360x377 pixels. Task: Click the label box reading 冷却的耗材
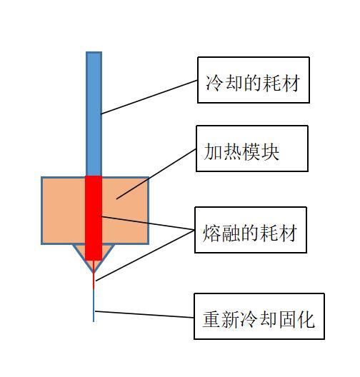click(254, 80)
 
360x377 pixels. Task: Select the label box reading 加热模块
click(252, 149)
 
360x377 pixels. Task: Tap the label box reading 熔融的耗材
click(251, 230)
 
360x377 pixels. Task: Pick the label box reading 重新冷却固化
click(259, 316)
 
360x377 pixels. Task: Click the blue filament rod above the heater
click(94, 114)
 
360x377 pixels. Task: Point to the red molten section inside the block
click(94, 218)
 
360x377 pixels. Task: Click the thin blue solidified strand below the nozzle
click(94, 306)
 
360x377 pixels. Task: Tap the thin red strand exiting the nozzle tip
click(94, 275)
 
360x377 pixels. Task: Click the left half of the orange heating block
click(64, 211)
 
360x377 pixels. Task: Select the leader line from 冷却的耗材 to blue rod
click(149, 97)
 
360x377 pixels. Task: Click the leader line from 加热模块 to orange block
click(156, 174)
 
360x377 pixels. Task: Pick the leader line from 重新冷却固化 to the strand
click(144, 314)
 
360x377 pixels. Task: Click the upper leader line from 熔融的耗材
click(148, 223)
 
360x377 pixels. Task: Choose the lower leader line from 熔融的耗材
click(145, 256)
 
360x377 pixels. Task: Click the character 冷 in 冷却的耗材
click(214, 83)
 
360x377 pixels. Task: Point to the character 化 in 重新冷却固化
click(306, 319)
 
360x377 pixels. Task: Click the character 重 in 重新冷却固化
click(211, 319)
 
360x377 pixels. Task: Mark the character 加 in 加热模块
click(213, 151)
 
